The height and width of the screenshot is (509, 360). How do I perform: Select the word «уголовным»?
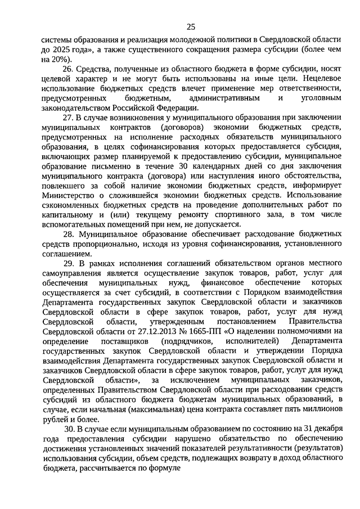point(319,98)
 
